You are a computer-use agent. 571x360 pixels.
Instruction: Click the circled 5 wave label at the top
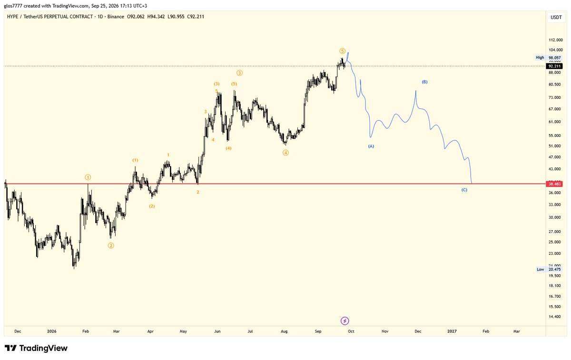pos(342,51)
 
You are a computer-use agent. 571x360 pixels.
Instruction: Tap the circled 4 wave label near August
pos(285,153)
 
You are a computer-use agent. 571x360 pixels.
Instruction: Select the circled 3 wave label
pos(239,73)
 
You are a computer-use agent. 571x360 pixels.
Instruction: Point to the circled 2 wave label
pos(111,245)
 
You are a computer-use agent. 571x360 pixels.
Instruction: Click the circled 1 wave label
pos(88,177)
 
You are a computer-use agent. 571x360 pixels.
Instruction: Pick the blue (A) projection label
pos(371,146)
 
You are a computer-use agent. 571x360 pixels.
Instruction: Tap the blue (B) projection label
pos(424,82)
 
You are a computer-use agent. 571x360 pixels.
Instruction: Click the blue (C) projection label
pos(464,190)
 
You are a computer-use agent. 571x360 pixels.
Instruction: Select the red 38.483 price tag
pos(554,184)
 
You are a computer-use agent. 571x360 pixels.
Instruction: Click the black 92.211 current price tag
pos(554,66)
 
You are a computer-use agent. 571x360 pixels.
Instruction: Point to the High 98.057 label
pos(548,58)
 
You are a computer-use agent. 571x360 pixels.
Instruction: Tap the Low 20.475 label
pos(549,269)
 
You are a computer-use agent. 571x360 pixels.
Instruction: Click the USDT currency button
pos(556,17)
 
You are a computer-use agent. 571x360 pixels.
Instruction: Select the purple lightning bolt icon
pos(345,321)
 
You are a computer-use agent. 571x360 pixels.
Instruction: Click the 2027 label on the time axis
pos(452,331)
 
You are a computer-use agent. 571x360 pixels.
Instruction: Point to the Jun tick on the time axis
pos(217,331)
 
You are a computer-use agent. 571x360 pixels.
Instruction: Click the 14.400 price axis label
pos(554,317)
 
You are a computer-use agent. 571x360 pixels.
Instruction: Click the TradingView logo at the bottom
pos(36,348)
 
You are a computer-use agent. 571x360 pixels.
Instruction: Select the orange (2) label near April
pos(152,206)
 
